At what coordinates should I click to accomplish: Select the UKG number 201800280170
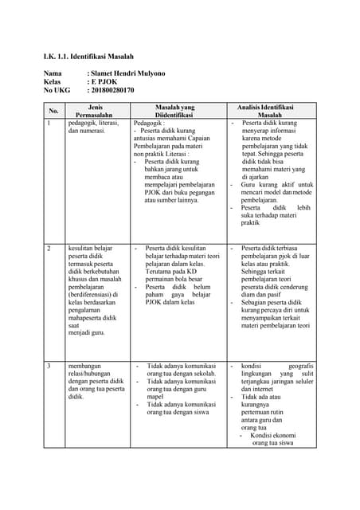(x=113, y=90)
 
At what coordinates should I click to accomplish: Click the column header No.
(x=54, y=111)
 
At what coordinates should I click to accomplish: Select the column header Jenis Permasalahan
(x=95, y=111)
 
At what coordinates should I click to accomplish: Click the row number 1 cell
(x=49, y=124)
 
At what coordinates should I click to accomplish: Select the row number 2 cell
(x=49, y=249)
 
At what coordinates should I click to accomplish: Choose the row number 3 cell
(x=49, y=366)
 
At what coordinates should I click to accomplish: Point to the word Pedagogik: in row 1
(x=151, y=124)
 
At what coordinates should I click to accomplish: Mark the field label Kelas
(x=53, y=82)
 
